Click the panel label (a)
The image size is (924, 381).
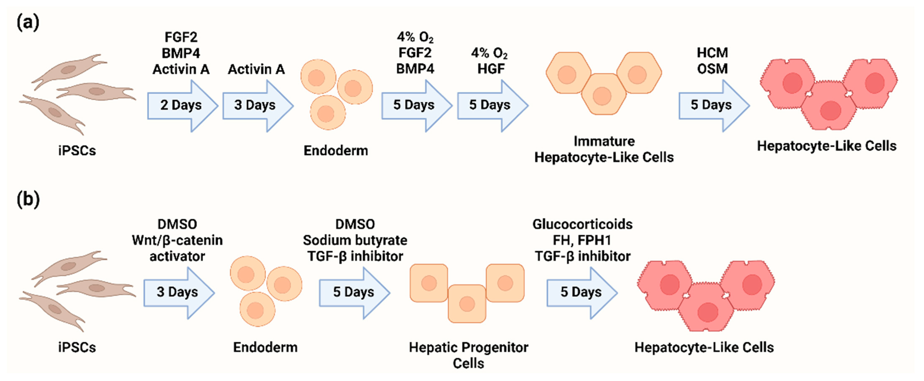click(x=28, y=23)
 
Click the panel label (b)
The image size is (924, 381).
click(x=28, y=200)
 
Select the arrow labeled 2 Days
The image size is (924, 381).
click(x=181, y=106)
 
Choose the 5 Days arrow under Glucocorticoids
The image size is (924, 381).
click(x=581, y=293)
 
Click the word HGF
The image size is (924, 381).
click(x=491, y=69)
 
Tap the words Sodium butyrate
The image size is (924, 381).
click(x=355, y=240)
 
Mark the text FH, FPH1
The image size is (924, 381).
click(x=582, y=240)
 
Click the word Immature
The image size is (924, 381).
click(x=604, y=141)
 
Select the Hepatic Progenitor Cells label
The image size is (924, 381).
click(x=468, y=355)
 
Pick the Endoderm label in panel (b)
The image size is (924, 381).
click(x=265, y=347)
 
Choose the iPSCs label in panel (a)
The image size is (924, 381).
click(x=77, y=151)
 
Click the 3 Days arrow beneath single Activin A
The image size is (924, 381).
click(x=257, y=106)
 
